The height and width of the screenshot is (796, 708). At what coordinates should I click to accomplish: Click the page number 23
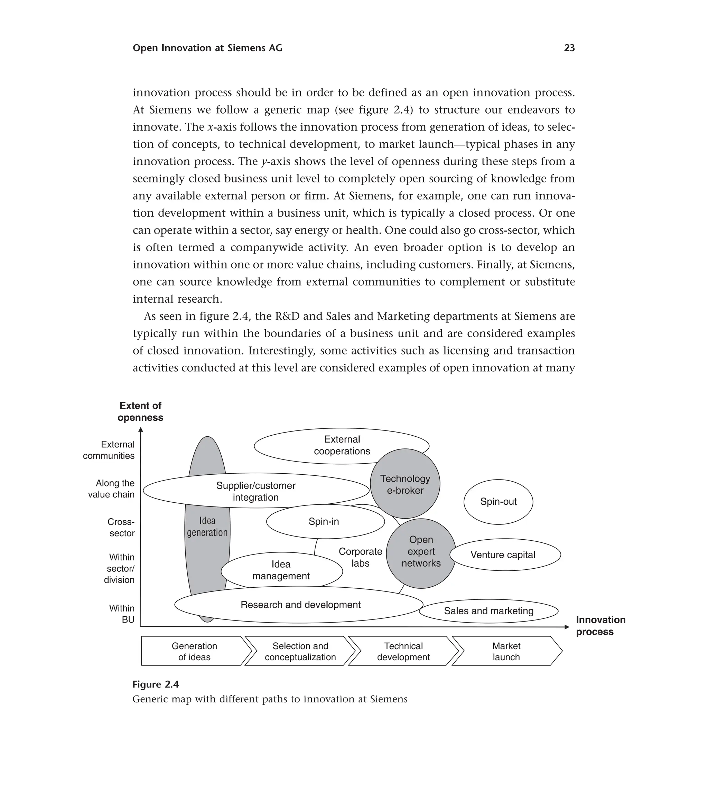pos(569,48)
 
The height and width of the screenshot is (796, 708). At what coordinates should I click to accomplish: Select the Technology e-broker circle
pos(405,484)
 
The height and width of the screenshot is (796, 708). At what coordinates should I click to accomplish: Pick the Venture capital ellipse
pos(505,555)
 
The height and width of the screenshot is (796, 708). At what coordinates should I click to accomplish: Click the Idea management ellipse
pos(281,570)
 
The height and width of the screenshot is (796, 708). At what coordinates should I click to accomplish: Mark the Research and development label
pos(300,605)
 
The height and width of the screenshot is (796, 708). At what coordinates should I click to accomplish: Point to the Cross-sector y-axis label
pos(121,527)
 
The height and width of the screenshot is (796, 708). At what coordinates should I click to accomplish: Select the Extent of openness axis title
pos(140,411)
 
